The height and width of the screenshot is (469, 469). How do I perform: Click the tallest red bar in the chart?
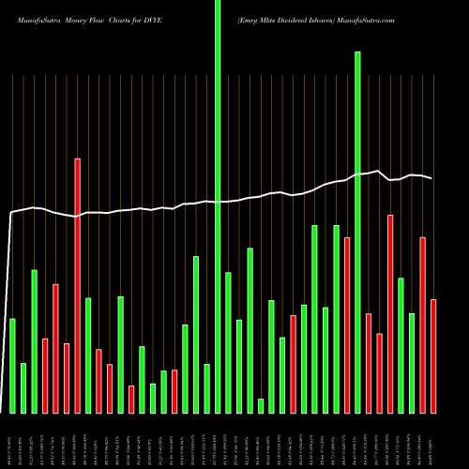coord(78,285)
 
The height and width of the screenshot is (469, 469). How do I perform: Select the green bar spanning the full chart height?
coord(218,206)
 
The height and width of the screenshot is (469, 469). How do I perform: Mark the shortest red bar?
coord(131,399)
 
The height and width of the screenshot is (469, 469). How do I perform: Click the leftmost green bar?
coord(13,366)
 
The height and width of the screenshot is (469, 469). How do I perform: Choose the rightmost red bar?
coord(433,356)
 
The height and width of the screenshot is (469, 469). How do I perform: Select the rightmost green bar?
coord(412,363)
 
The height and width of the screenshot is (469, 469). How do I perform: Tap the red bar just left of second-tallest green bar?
coord(347,325)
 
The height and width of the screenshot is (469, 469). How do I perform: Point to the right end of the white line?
coord(432,178)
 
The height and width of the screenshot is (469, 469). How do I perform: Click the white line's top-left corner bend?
coord(11,213)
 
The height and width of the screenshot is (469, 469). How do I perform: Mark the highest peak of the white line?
coord(378,171)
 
